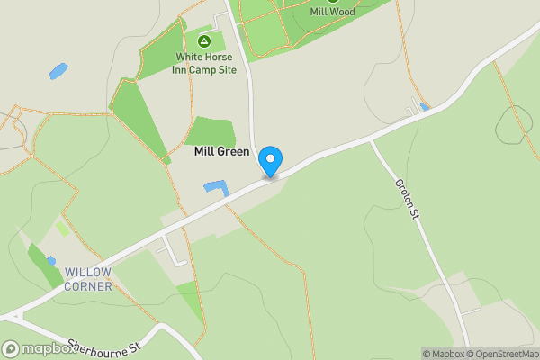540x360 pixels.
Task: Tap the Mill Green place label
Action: tap(221, 152)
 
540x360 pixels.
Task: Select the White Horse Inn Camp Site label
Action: tap(204, 63)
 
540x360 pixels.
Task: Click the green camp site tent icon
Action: tap(204, 41)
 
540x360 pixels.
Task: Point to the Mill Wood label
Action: tap(332, 12)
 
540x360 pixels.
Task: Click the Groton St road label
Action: tap(408, 196)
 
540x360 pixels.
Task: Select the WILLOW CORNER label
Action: tap(87, 279)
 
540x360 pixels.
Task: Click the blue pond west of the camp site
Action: tap(58, 69)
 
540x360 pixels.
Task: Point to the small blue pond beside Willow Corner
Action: tap(51, 261)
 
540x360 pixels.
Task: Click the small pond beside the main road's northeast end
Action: tap(425, 107)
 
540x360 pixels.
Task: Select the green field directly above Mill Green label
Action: tap(211, 130)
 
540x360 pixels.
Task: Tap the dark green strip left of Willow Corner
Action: tap(40, 265)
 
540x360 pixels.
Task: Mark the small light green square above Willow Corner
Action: tap(63, 229)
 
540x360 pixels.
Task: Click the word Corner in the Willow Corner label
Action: tap(87, 286)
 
